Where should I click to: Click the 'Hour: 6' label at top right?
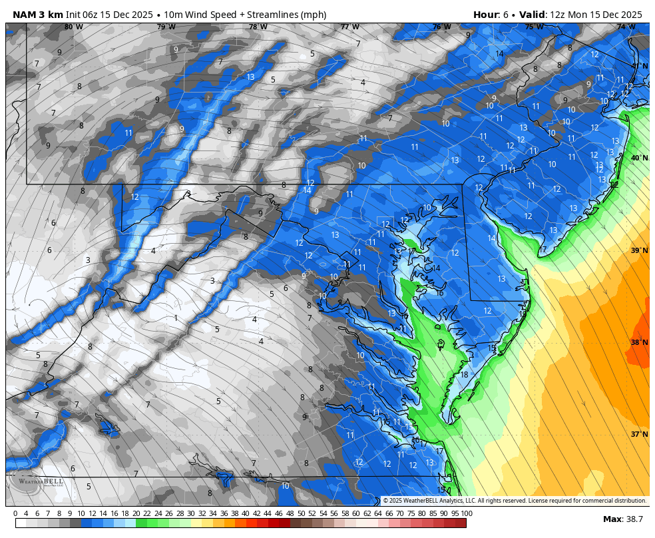tap(497, 15)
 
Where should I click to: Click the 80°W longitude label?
tap(73, 27)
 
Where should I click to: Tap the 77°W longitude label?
tap(349, 27)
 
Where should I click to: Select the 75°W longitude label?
tap(534, 27)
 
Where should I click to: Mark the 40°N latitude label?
tap(639, 158)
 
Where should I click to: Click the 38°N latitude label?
tap(639, 342)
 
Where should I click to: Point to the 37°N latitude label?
tap(639, 434)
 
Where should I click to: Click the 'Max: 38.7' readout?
tap(622, 519)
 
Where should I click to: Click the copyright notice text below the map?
tap(515, 501)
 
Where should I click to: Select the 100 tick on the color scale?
tap(466, 513)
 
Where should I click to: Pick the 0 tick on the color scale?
tap(15, 513)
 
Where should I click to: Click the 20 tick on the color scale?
tap(136, 513)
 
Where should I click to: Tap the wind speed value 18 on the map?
tap(464, 375)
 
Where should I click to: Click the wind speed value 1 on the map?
tap(176, 318)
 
